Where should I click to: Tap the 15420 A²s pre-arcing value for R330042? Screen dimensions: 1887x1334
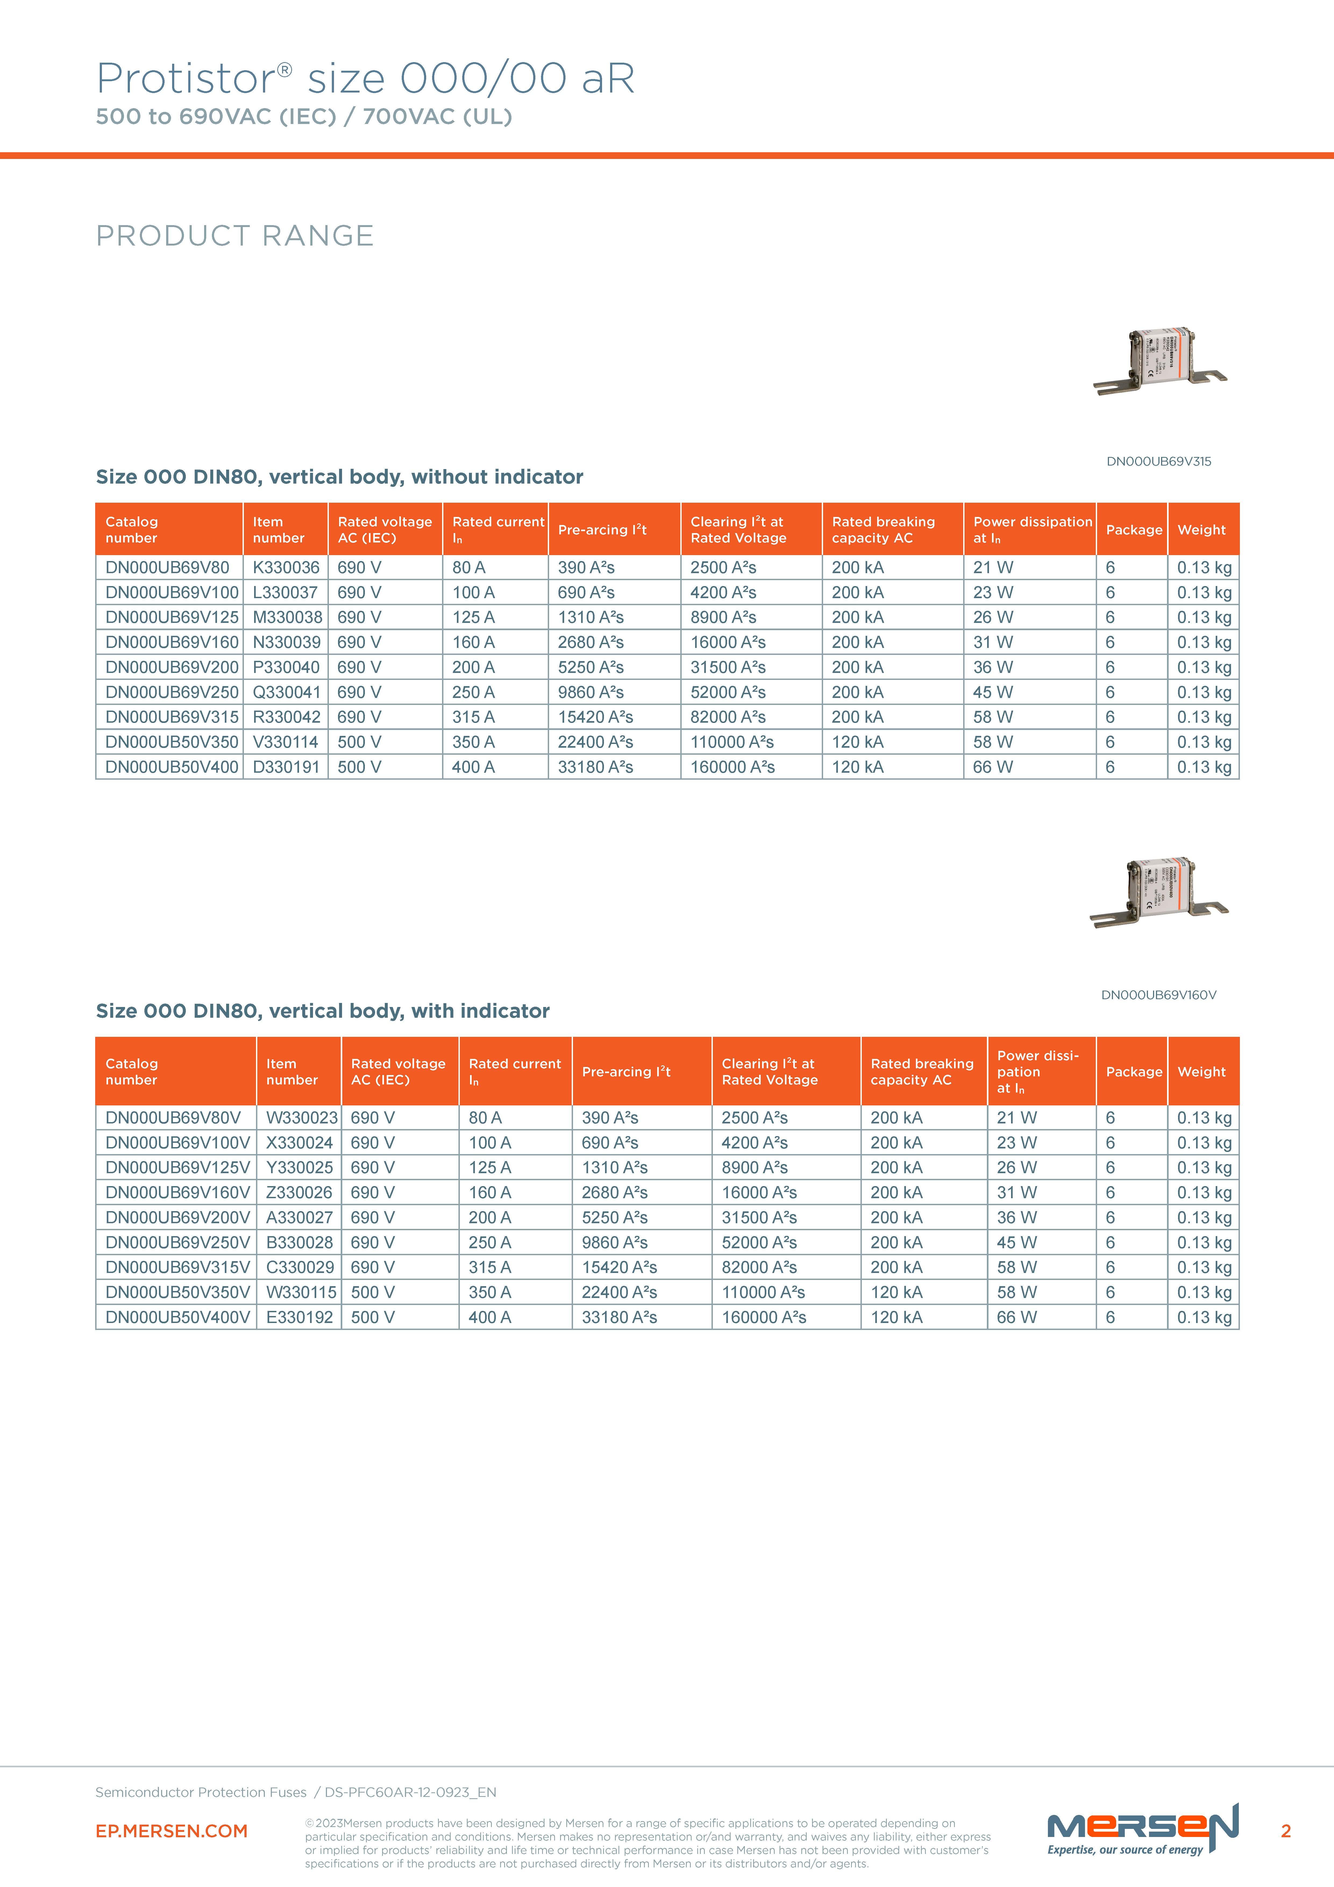tap(595, 718)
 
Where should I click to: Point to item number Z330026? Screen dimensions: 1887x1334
tap(299, 1193)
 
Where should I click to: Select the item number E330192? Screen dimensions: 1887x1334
tap(299, 1317)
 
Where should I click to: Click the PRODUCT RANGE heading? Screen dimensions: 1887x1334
tap(234, 236)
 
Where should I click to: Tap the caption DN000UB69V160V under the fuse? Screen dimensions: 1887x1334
tap(1158, 995)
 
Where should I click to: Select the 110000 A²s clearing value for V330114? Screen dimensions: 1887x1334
tap(731, 742)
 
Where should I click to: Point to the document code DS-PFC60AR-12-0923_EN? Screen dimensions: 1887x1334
tap(410, 1793)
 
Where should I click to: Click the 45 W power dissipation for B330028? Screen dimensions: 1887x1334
tap(1017, 1243)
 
